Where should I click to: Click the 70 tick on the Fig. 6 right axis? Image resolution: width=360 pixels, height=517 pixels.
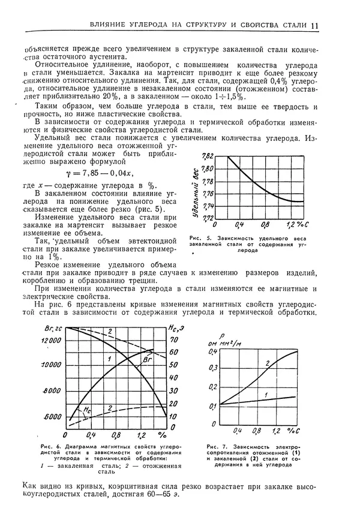click(173, 339)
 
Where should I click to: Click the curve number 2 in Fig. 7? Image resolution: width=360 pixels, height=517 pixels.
click(268, 363)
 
